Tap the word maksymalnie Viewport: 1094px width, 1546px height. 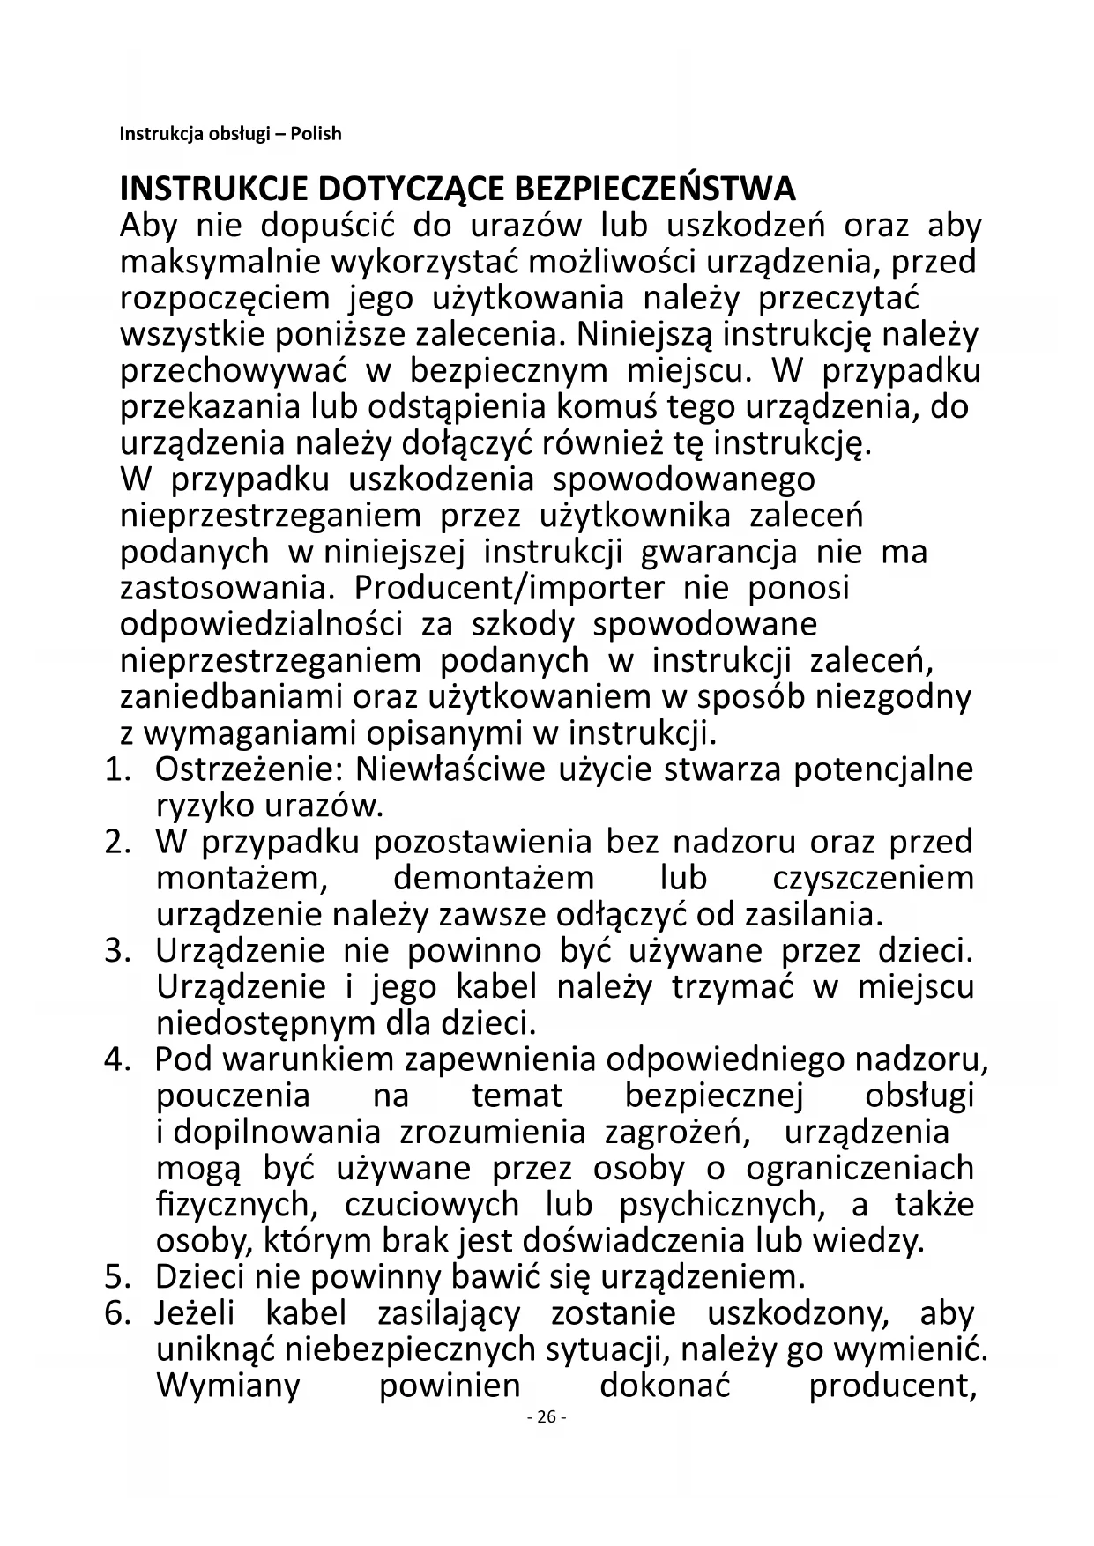(x=220, y=262)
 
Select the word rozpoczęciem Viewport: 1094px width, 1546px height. (x=225, y=299)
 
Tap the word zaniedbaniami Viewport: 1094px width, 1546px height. (x=232, y=697)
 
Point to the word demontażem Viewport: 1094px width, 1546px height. (x=494, y=879)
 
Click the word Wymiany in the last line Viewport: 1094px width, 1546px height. (x=228, y=1386)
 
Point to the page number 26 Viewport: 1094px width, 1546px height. (x=546, y=1417)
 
